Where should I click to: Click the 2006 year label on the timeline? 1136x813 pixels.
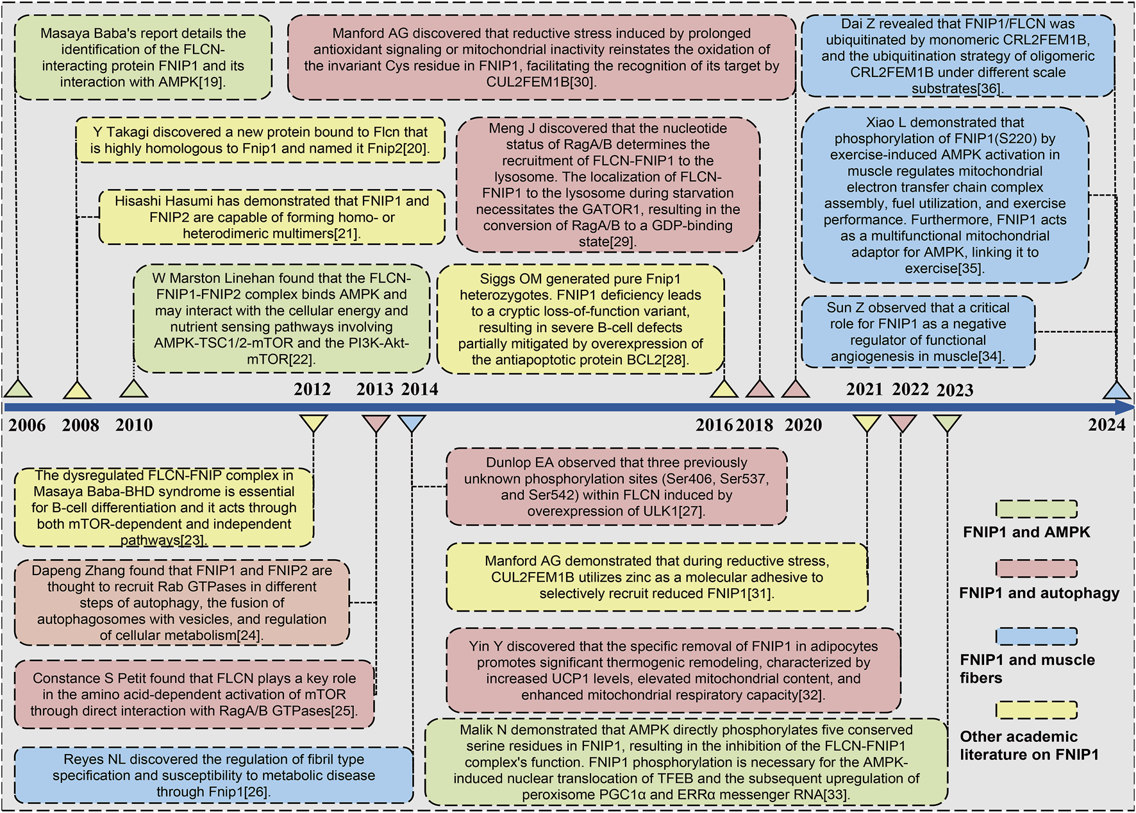(x=27, y=425)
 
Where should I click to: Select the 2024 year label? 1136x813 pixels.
(x=1107, y=425)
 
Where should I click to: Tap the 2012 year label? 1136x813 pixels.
(x=312, y=389)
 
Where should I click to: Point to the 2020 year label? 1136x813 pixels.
(x=803, y=425)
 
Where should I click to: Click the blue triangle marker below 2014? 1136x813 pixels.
(x=412, y=424)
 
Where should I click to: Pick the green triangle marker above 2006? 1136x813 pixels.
(x=18, y=389)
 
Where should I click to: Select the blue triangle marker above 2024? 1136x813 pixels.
(x=1116, y=390)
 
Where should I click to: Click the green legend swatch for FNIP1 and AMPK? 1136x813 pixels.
(x=1036, y=509)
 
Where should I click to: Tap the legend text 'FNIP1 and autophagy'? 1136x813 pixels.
(x=1039, y=593)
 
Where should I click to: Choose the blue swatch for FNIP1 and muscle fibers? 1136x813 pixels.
(x=1036, y=636)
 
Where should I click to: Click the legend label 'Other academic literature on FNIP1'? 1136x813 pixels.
(x=1029, y=745)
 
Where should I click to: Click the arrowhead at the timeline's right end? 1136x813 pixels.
(x=1126, y=407)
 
